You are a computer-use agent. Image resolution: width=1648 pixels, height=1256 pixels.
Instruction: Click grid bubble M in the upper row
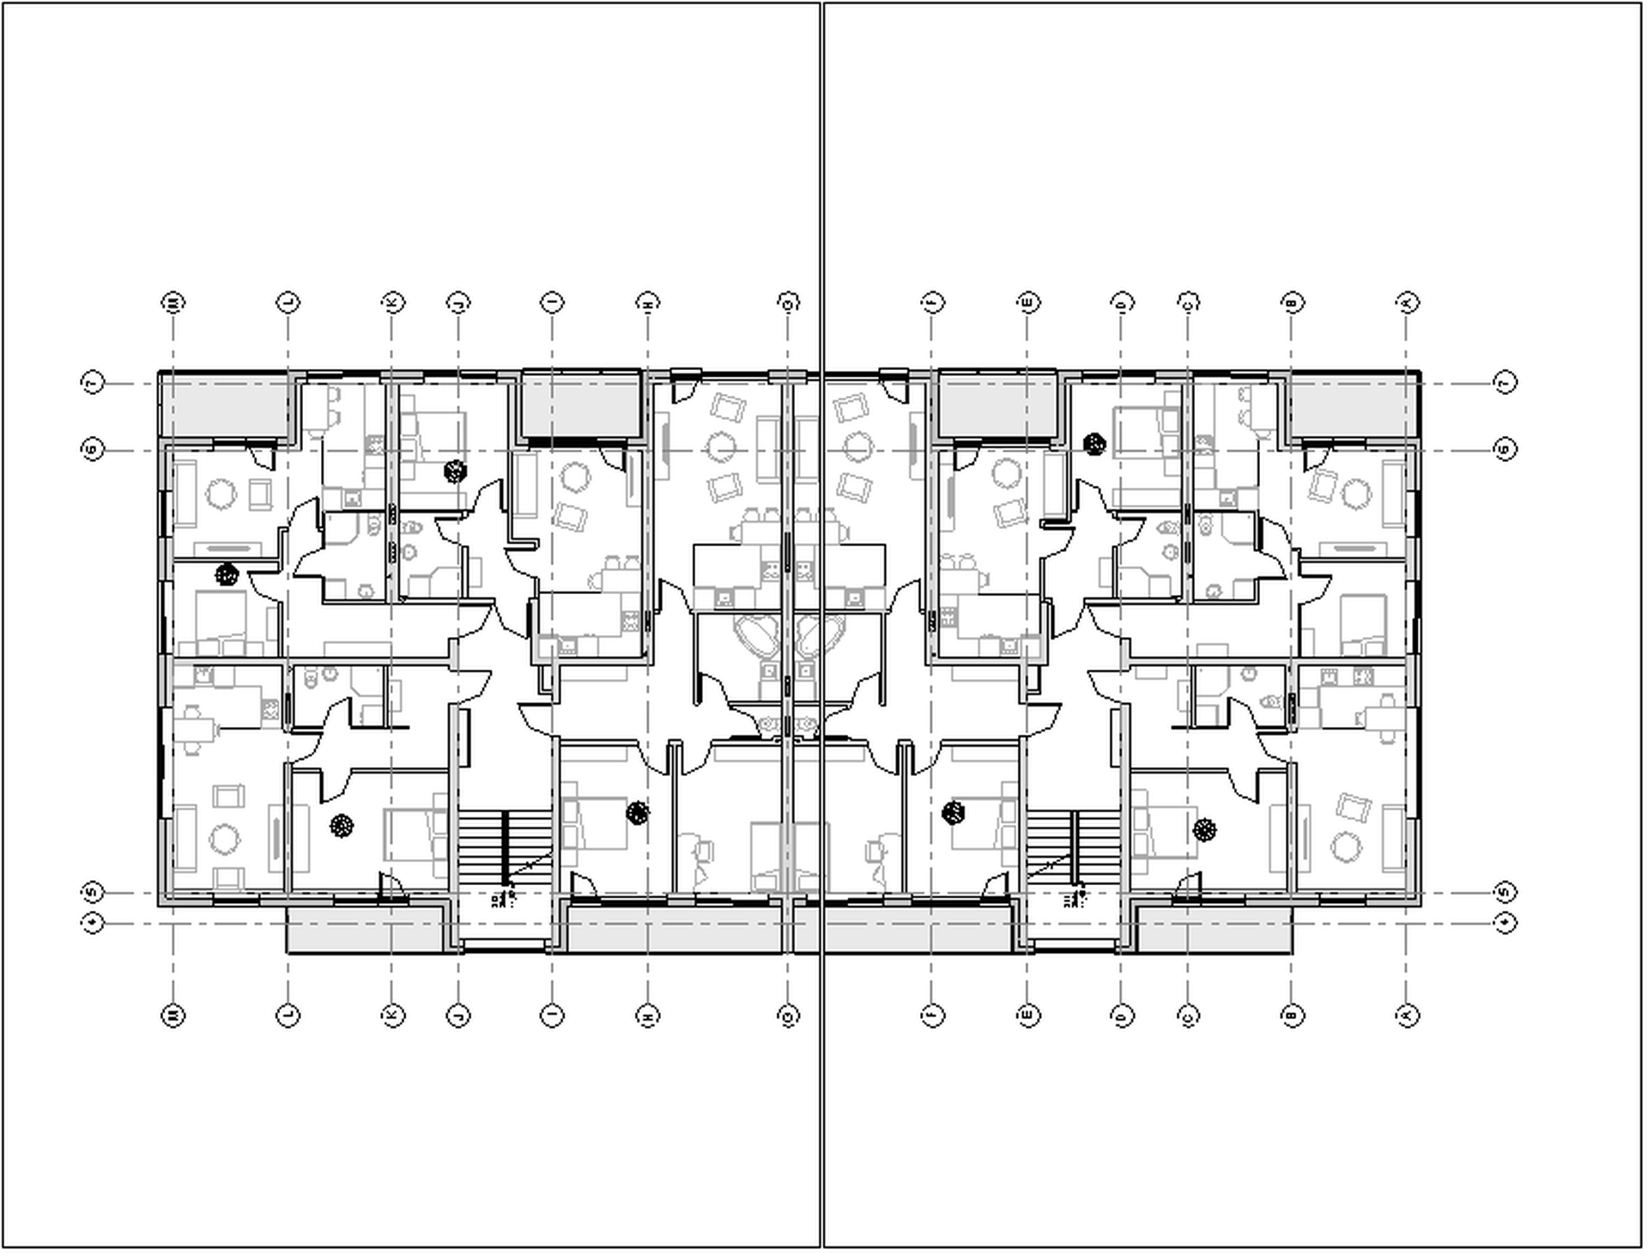point(173,302)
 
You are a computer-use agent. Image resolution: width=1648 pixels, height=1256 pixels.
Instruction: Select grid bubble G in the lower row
point(788,1016)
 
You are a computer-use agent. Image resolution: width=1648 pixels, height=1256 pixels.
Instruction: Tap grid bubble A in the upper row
point(1407,302)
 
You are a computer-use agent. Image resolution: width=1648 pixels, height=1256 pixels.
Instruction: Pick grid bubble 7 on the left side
point(93,382)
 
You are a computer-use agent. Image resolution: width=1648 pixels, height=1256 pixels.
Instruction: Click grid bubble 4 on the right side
point(1506,923)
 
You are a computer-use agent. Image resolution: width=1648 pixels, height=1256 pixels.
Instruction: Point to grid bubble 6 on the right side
point(1506,449)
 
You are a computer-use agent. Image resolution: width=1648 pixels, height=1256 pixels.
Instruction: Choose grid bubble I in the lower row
point(552,1016)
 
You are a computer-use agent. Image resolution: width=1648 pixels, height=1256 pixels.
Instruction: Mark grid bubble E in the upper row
point(1027,302)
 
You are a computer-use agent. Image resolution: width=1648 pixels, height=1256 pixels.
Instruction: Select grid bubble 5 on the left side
point(93,892)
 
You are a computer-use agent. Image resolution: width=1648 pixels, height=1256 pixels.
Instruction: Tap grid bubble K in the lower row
point(392,1016)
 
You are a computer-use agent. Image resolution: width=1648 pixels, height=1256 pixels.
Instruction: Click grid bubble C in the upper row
point(1188,302)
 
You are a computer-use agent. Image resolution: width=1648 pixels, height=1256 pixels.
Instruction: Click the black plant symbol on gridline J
point(455,470)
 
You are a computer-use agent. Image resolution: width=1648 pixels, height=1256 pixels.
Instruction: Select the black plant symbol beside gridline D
point(1094,444)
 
